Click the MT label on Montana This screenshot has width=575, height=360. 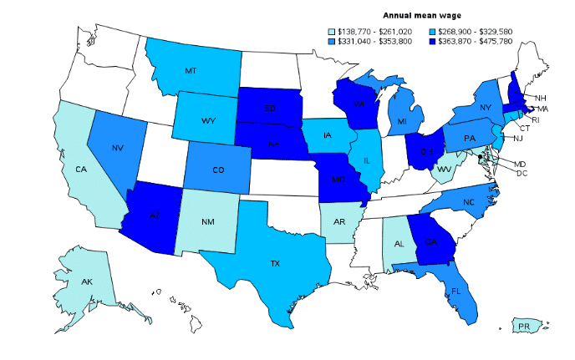coord(191,71)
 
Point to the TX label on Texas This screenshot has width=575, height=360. coord(275,263)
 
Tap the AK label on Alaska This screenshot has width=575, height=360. coord(87,281)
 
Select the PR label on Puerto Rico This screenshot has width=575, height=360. coord(525,325)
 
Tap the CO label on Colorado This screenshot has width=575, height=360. coord(217,170)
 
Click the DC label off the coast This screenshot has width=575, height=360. coord(522,173)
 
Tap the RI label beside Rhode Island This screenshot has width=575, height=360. coord(536,119)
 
